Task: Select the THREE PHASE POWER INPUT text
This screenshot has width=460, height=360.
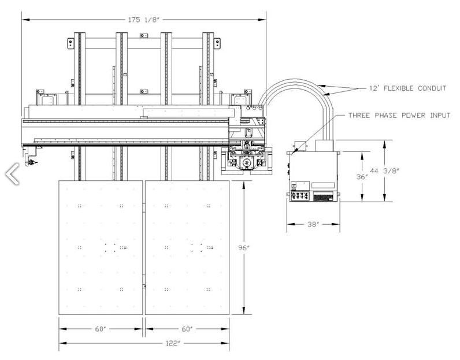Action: pyautogui.click(x=399, y=116)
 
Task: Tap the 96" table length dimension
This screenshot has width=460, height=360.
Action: pyautogui.click(x=243, y=247)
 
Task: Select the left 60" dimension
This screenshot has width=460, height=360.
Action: pyautogui.click(x=101, y=329)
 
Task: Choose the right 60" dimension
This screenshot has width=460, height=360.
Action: pyautogui.click(x=187, y=329)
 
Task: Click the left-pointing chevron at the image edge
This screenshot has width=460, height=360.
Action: pyautogui.click(x=12, y=173)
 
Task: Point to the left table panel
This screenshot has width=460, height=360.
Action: pyautogui.click(x=101, y=247)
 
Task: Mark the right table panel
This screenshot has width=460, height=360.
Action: pyautogui.click(x=187, y=247)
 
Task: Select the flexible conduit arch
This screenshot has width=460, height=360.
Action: pyautogui.click(x=295, y=87)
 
